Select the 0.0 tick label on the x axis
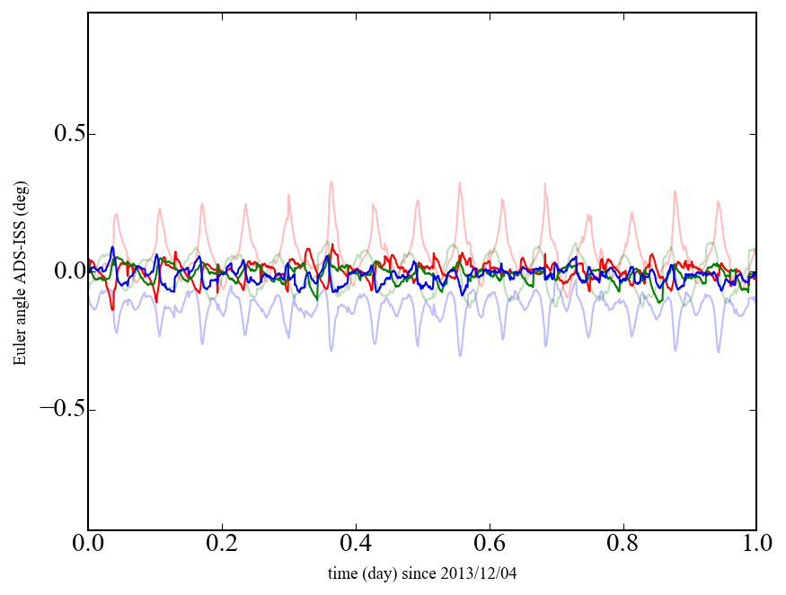pos(88,545)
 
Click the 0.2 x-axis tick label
pos(222,545)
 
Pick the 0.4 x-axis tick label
pos(356,545)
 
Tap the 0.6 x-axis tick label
pos(490,545)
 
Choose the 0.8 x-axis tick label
pos(623,545)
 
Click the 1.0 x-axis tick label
pos(756,545)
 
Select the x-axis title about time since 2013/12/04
pos(422,573)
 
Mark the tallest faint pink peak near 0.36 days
pos(331,182)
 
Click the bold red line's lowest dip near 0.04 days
pos(112,309)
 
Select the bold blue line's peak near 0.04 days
pos(112,247)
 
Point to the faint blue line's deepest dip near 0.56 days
pos(461,355)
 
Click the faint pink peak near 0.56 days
pos(459,183)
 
